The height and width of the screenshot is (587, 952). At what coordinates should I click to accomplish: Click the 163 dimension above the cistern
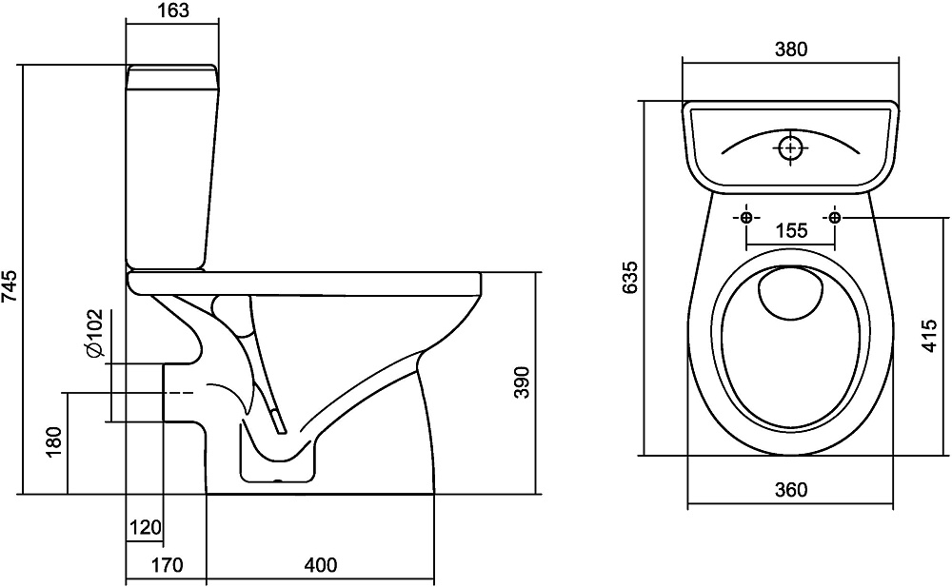coord(172,11)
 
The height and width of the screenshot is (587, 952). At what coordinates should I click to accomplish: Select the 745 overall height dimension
coord(10,284)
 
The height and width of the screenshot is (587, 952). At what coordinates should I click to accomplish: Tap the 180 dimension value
coord(54,443)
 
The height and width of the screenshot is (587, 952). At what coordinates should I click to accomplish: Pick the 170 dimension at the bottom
coord(167,565)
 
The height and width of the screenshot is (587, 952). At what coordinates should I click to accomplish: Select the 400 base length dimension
coord(321,565)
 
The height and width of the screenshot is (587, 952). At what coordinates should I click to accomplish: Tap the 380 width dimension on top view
coord(791,50)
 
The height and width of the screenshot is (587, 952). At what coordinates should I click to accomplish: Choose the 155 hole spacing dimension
coord(791,230)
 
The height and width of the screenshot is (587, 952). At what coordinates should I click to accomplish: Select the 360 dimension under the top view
coord(791,490)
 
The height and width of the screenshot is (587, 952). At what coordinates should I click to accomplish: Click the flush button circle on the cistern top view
coord(791,148)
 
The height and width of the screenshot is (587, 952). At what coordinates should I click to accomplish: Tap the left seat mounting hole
coord(746,218)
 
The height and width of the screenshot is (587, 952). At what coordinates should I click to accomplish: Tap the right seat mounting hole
coord(835,218)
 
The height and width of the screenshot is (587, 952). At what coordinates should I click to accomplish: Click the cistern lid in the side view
coord(172,71)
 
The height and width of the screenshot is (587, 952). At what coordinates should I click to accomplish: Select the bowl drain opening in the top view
coord(791,294)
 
